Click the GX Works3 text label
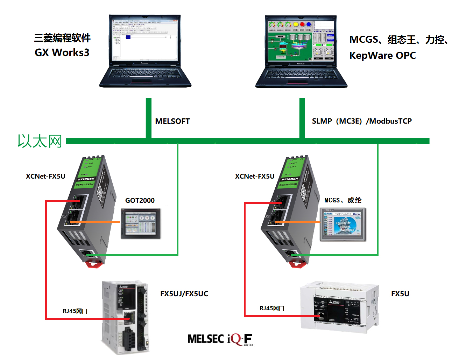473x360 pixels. tap(62, 53)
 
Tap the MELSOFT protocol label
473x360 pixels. tap(172, 122)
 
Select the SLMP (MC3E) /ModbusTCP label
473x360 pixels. tap(362, 121)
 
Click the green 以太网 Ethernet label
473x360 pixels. tap(40, 141)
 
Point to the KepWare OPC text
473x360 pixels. tap(382, 55)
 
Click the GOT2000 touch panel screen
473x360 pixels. tap(141, 224)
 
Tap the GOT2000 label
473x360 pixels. tap(140, 200)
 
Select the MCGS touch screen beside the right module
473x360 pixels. tap(343, 224)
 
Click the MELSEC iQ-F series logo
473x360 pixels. tap(220, 339)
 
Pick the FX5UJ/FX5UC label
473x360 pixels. tap(184, 294)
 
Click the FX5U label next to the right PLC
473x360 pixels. tap(400, 294)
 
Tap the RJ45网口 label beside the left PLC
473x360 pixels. tap(75, 311)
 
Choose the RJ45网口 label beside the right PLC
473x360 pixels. tap(272, 308)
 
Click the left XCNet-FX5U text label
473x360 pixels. tap(45, 176)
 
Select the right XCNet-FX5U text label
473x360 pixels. tap(255, 176)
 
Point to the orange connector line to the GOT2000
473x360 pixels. tap(101, 222)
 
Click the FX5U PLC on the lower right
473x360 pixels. tap(339, 307)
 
